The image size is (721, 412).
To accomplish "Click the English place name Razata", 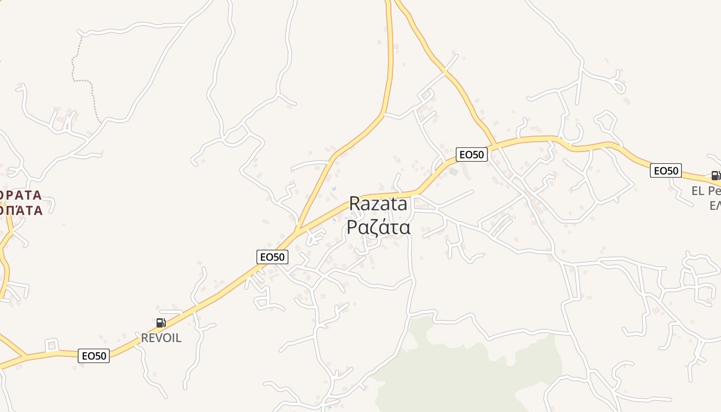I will (378, 204).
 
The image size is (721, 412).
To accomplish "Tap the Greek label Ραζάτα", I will (378, 227).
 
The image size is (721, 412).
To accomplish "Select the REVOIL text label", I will (161, 338).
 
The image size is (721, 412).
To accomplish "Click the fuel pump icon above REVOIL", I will (161, 323).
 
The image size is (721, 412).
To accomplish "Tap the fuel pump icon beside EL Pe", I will (715, 176).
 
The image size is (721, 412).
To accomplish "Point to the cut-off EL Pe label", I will (706, 191).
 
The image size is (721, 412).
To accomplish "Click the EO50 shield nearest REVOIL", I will (94, 355).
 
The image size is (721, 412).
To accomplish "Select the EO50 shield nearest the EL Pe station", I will (665, 170).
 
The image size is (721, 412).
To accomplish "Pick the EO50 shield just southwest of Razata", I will (272, 256).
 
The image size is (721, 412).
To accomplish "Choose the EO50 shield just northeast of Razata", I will (471, 154).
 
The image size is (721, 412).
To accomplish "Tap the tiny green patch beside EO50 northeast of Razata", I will (453, 171).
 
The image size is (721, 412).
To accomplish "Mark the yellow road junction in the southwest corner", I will (25, 356).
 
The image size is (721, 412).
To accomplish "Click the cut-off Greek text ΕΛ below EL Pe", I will (715, 205).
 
